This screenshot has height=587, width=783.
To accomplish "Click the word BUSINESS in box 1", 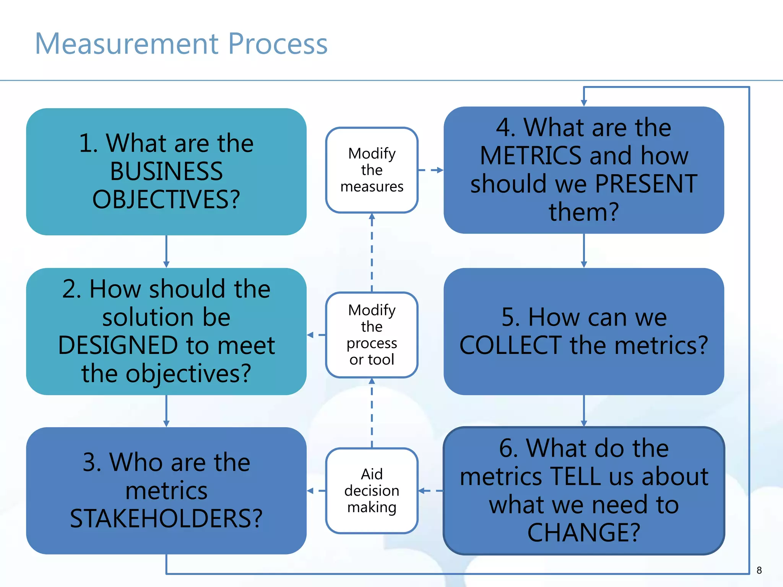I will coord(166,172).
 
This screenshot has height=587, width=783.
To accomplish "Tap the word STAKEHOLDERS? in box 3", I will coord(166,519).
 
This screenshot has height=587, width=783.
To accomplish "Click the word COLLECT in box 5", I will coord(510,345).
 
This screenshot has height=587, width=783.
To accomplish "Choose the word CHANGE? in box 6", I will coord(583,533).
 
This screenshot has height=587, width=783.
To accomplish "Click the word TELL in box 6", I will coord(575,477).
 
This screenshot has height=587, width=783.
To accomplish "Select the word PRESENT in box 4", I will coord(646,184).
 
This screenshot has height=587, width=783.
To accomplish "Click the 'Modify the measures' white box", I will coord(372,170).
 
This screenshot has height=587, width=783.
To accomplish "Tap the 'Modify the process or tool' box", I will coord(372,335).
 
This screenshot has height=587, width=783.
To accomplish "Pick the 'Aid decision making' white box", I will coord(372,491).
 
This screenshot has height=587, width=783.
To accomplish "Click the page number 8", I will coord(759,571).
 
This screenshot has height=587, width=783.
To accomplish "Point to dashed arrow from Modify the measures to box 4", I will coord(431,170).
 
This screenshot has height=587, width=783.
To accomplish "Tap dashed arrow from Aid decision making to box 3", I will coord(316,491).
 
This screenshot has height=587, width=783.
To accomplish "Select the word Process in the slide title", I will coord(278,44).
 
